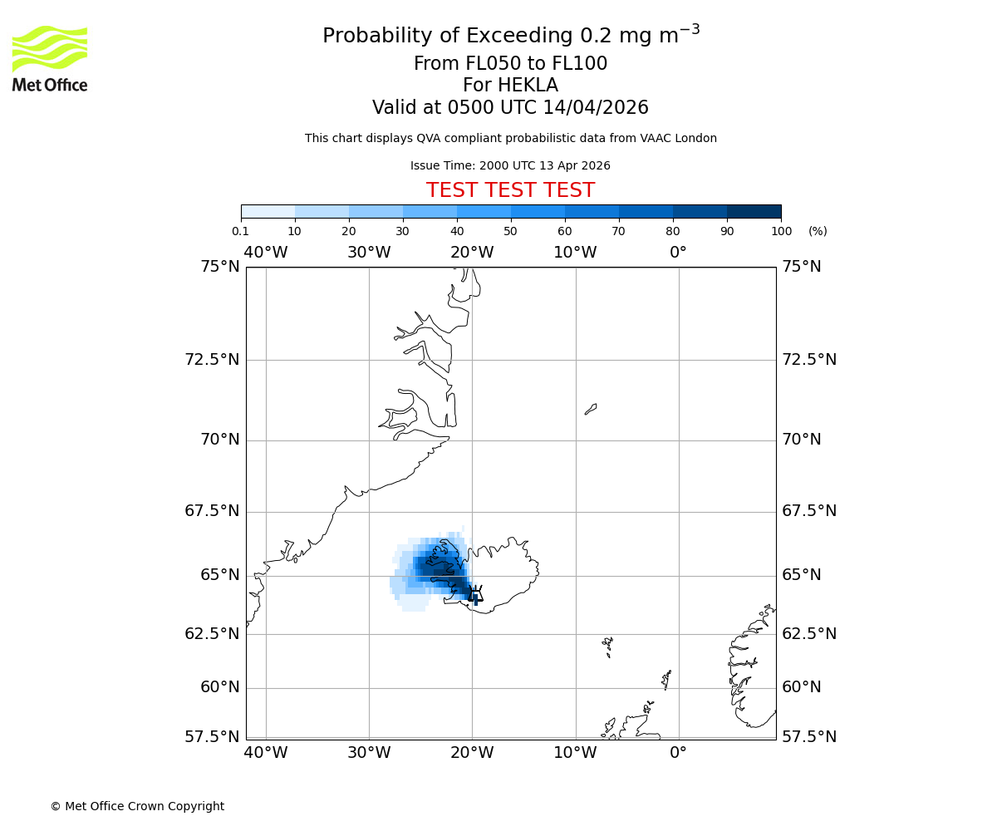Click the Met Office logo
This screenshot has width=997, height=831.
[x=50, y=58]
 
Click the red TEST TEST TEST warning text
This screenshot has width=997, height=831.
[x=510, y=191]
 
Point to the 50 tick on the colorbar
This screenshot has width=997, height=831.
[x=511, y=219]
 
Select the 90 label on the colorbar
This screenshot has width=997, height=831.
[x=727, y=232]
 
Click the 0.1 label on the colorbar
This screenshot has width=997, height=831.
[x=240, y=232]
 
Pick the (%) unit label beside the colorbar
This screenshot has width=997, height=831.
[x=818, y=232]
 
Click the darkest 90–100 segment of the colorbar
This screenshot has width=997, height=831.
[x=754, y=211]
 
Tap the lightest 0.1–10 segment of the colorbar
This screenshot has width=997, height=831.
[x=268, y=211]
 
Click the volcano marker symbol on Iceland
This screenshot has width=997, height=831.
[x=475, y=593]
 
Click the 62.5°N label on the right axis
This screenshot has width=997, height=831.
[x=809, y=634]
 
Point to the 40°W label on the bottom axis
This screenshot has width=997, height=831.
[x=266, y=753]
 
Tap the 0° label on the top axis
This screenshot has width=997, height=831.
[x=678, y=253]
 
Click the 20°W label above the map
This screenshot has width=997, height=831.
[x=472, y=253]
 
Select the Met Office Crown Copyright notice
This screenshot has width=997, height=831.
[x=137, y=806]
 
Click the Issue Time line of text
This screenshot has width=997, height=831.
[x=510, y=166]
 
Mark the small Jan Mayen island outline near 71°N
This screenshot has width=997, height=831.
[x=591, y=409]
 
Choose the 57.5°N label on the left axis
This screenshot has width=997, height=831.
[x=212, y=737]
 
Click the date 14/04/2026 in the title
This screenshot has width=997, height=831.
[x=596, y=108]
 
